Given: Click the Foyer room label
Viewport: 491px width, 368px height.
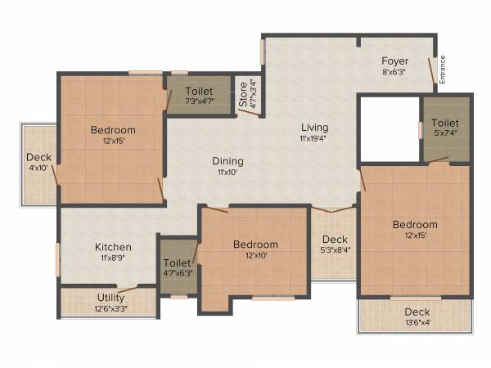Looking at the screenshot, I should click(x=394, y=61).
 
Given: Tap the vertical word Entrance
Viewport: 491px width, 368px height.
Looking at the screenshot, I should click(x=443, y=69).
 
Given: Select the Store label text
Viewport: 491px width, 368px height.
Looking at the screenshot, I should click(x=243, y=95).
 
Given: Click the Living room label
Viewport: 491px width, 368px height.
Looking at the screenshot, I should click(x=314, y=128).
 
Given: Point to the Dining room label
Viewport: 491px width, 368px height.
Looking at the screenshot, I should click(x=228, y=161).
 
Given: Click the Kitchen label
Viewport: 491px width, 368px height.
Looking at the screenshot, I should click(x=113, y=247).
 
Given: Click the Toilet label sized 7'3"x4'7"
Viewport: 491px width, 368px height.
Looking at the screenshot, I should click(x=199, y=91).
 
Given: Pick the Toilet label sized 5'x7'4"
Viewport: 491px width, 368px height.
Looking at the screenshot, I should click(x=446, y=123).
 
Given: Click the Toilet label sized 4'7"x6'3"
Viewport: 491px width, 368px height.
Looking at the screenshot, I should click(x=178, y=263).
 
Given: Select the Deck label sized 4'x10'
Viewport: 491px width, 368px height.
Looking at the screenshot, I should click(x=38, y=158).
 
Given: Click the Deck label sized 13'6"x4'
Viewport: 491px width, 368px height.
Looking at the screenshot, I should click(x=417, y=312).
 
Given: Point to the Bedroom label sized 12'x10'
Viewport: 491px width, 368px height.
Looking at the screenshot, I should click(x=255, y=244).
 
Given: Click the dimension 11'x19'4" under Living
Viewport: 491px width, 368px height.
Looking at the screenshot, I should click(x=314, y=139).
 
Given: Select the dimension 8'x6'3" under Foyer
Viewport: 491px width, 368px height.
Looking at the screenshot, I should click(x=394, y=71).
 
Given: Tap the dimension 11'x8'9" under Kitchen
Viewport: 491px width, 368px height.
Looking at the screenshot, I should click(x=113, y=258).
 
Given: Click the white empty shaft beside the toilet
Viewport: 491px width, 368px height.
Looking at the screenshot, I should click(x=389, y=128).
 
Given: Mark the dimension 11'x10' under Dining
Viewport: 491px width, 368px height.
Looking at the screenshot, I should click(x=228, y=173).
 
